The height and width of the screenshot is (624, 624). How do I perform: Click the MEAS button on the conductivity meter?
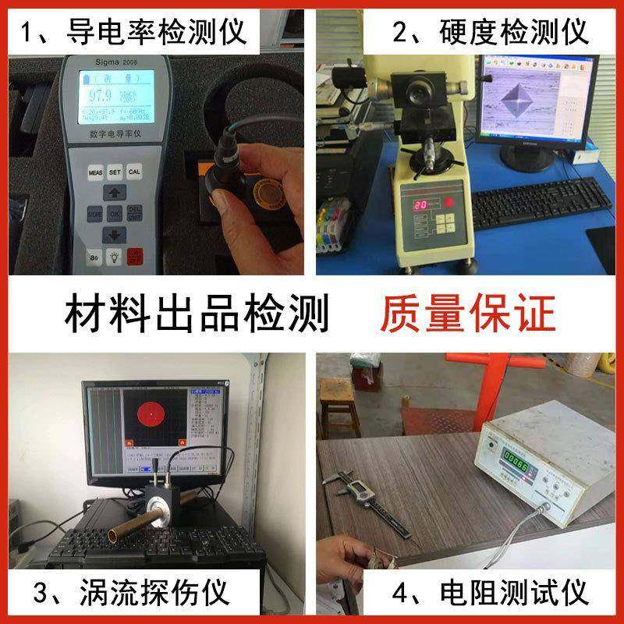point(95,171)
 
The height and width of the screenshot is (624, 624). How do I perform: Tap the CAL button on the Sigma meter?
point(135,171)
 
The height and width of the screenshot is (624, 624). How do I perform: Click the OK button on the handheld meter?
point(115,213)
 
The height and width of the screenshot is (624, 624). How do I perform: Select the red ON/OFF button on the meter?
point(135,255)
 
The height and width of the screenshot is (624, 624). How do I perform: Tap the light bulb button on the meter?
point(115,255)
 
